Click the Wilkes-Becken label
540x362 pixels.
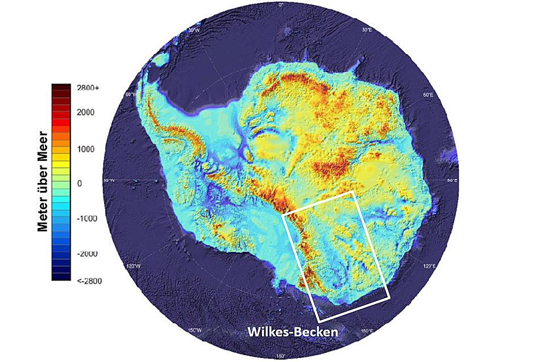[x=292, y=331]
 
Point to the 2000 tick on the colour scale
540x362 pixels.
[x=86, y=113]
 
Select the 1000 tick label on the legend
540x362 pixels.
[x=86, y=149]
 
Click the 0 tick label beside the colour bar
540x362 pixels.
[x=80, y=184]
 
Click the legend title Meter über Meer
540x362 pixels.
[x=42, y=182]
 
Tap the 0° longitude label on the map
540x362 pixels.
[x=281, y=5]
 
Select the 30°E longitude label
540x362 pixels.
[x=367, y=30]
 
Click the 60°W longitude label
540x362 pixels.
[x=131, y=94]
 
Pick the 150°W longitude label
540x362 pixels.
[x=195, y=331]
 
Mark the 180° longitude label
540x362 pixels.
[x=281, y=356]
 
